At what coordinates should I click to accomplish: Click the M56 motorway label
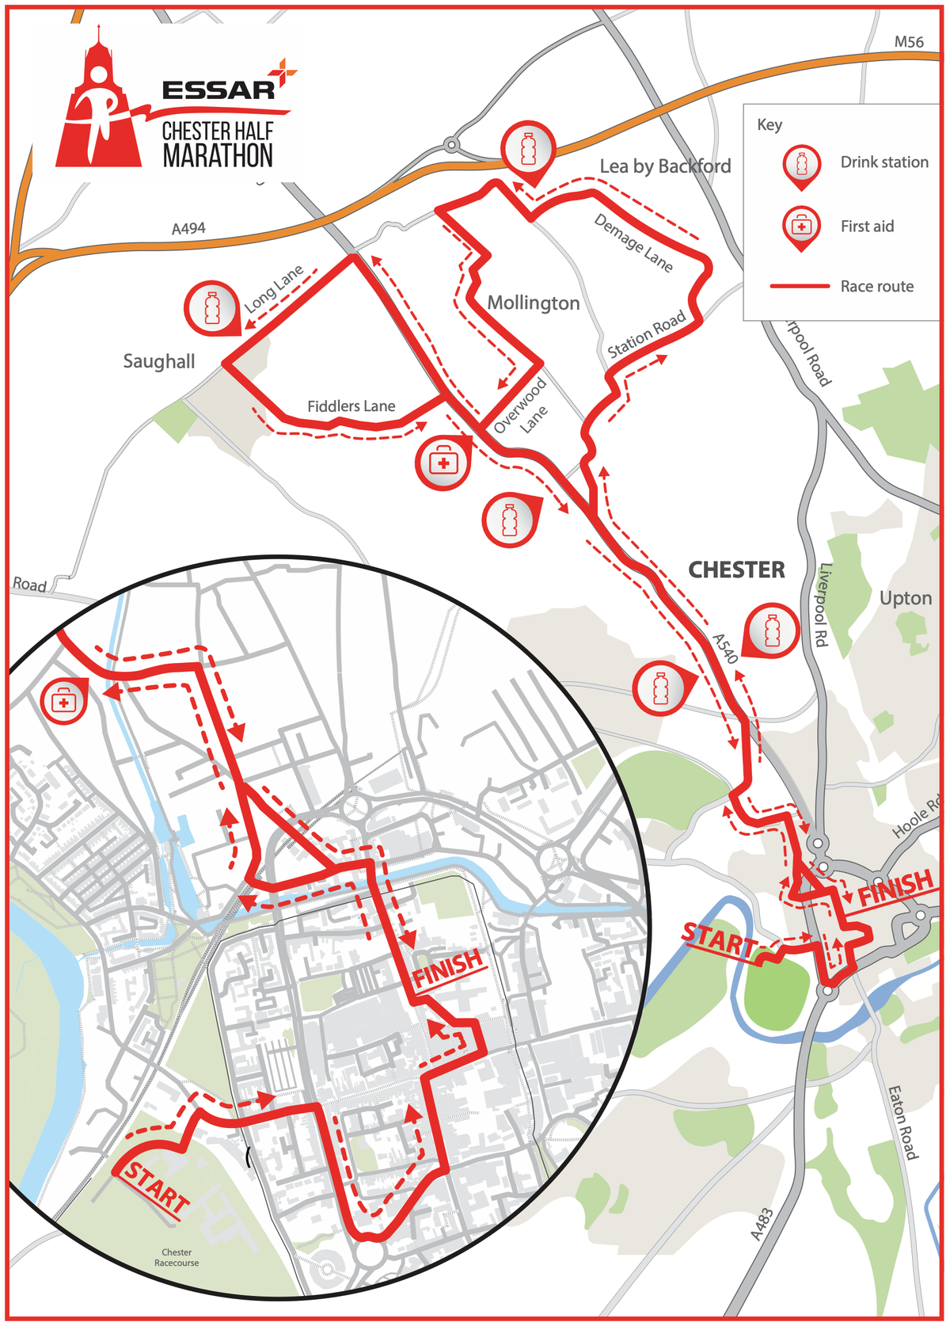908,42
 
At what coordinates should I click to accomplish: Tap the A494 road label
188,228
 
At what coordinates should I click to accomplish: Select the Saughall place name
158,361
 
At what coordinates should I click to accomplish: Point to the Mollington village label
533,303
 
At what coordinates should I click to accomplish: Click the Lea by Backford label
665,166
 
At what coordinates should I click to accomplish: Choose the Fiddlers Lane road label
351,406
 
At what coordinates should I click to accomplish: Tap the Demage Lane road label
633,242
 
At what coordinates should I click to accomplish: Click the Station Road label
646,335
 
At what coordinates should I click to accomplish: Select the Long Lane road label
273,288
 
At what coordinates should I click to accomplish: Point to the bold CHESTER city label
736,570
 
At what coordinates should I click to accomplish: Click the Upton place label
906,598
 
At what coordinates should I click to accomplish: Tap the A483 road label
761,1224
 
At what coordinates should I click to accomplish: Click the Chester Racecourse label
177,1257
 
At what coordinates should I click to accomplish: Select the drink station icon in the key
801,166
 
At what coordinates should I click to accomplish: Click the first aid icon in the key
801,227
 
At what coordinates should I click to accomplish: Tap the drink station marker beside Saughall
211,307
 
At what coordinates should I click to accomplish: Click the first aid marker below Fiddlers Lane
443,462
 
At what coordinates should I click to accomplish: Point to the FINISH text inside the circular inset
447,967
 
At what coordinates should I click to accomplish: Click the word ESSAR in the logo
218,90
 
